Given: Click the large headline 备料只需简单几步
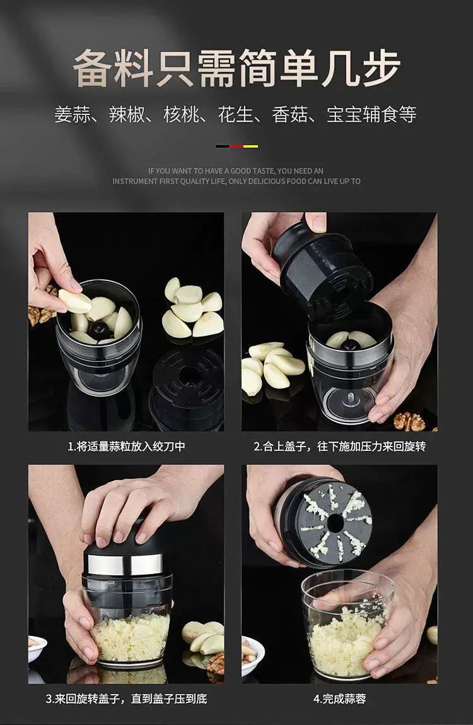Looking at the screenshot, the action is click(x=236, y=68).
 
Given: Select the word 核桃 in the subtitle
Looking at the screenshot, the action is click(x=181, y=115).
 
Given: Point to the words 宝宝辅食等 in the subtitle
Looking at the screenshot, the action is click(x=371, y=115).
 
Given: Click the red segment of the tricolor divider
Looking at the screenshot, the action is click(x=237, y=147).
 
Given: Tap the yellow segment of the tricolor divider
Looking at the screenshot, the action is click(x=251, y=147).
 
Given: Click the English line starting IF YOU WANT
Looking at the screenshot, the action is click(x=236, y=171).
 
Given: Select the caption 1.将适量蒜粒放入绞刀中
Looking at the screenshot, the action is click(x=126, y=446).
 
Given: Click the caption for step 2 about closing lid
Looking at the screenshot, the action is click(x=339, y=446).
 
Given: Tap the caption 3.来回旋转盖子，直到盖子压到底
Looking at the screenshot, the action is click(x=126, y=698).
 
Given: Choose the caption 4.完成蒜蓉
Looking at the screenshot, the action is click(x=339, y=698).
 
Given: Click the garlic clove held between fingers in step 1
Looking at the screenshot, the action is click(x=75, y=301).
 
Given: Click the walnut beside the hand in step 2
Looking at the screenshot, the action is click(x=409, y=422).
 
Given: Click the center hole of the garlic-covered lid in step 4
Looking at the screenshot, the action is click(x=335, y=524).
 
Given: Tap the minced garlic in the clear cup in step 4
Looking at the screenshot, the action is click(x=346, y=637).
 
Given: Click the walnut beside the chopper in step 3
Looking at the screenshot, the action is click(x=216, y=664).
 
